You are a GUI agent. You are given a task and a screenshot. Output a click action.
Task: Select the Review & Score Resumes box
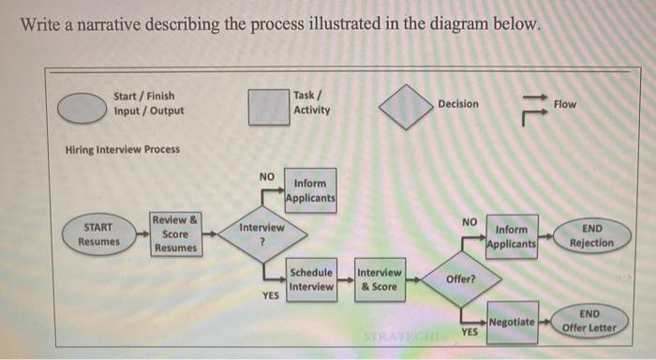pos(175,233)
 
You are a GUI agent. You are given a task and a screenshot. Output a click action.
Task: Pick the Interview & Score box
pos(380,279)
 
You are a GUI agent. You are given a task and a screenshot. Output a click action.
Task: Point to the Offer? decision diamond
pos(460,279)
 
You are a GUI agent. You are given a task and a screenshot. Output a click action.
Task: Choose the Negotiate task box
pos(512,322)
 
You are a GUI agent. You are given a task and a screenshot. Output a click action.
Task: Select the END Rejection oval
pos(591,235)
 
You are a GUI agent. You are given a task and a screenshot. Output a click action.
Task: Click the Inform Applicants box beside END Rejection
pos(512,236)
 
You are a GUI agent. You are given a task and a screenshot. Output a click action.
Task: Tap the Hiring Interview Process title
pos(123,149)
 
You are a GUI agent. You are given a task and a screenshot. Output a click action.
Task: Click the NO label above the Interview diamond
pos(267,176)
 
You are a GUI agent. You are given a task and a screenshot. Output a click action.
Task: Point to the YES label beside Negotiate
pos(470,332)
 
